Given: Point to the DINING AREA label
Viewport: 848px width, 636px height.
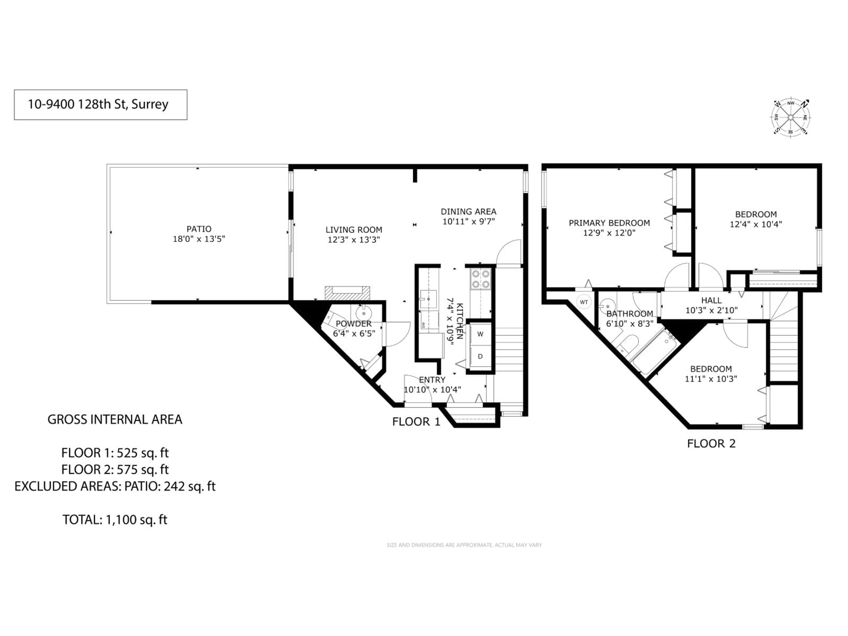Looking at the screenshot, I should point(468,212).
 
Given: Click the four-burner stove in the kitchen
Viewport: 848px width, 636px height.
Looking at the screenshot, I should point(480,279).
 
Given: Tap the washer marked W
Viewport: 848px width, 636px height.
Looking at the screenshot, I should point(480,334).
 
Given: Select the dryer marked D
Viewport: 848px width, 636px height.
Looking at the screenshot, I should point(480,356).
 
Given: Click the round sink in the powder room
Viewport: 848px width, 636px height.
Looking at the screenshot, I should point(363,312).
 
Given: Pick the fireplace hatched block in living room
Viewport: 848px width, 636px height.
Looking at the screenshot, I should point(347,293).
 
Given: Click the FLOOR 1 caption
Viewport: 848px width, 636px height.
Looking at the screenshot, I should point(416,422).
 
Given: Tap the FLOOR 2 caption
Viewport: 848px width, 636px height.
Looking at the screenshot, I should point(711,444).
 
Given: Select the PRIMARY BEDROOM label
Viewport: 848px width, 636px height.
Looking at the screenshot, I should point(609,223).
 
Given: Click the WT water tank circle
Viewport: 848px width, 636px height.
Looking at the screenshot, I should point(583,302).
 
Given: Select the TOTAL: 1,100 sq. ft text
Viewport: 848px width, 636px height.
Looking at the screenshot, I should point(115,520).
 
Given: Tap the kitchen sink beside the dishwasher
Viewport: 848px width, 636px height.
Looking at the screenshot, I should point(429,299).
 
